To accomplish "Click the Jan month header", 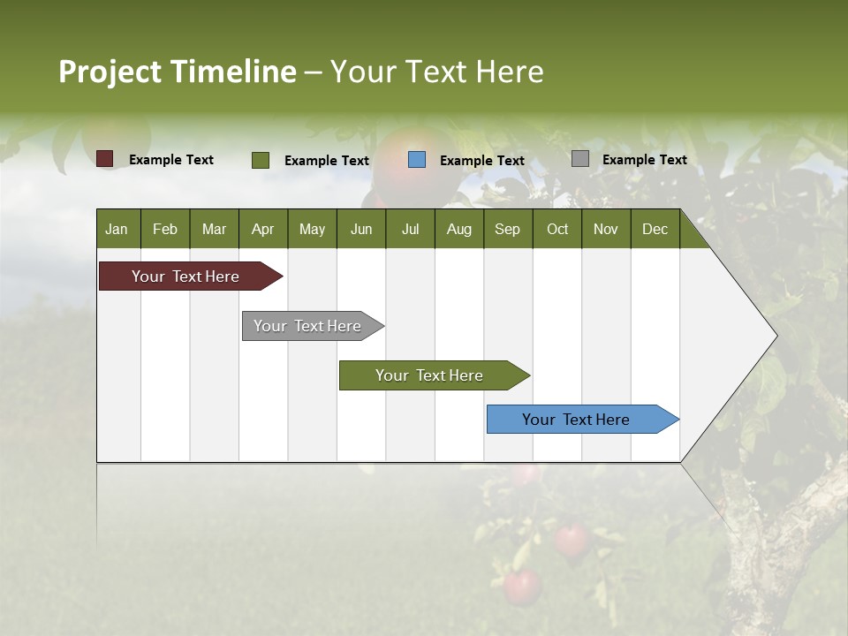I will (117, 229).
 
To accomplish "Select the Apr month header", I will (262, 229).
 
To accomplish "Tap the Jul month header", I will (410, 229).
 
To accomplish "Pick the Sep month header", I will (507, 229).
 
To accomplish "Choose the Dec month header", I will (655, 229).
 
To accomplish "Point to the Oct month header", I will (557, 229).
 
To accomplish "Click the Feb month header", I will (165, 229).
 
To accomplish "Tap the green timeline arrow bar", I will (430, 375).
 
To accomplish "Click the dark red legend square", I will (105, 159).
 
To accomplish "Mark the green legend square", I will (261, 160).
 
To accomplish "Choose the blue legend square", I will (417, 160).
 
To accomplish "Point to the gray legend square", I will (580, 159).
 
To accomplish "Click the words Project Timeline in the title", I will (177, 72).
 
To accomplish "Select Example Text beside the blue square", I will (482, 161).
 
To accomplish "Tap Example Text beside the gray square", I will (645, 160).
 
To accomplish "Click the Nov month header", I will (606, 229).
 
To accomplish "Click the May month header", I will (312, 229).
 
